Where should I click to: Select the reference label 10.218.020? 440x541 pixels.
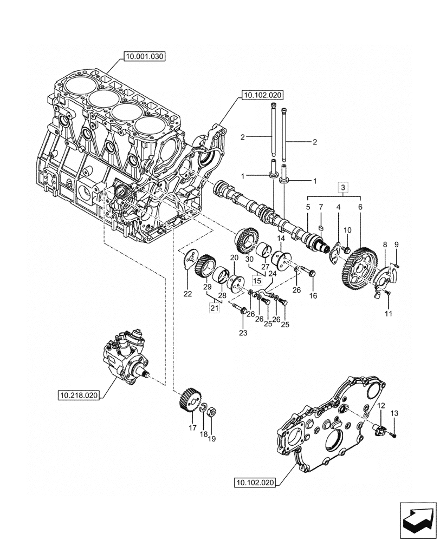pyautogui.click(x=79, y=395)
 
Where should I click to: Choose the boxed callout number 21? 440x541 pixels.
pyautogui.click(x=215, y=307)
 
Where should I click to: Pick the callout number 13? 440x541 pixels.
pyautogui.click(x=394, y=413)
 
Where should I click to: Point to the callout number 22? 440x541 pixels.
pyautogui.click(x=187, y=294)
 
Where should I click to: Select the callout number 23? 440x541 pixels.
pyautogui.click(x=243, y=333)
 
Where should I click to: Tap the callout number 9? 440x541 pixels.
pyautogui.click(x=397, y=245)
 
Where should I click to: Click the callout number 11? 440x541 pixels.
pyautogui.click(x=389, y=313)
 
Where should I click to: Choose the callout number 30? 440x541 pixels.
pyautogui.click(x=249, y=259)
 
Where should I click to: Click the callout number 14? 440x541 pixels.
pyautogui.click(x=281, y=239)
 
